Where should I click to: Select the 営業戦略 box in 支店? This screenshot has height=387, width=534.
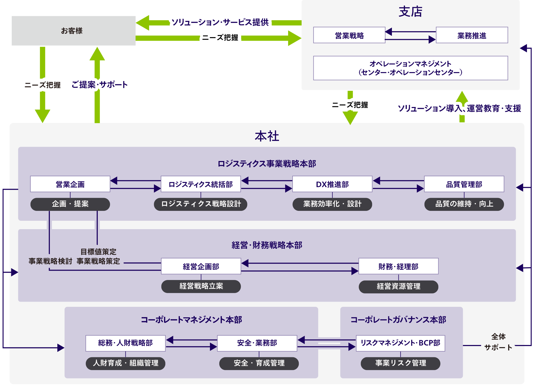(x=349, y=35)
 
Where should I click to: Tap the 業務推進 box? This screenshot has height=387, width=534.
(x=472, y=35)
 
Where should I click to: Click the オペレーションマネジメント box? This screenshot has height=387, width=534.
(x=410, y=68)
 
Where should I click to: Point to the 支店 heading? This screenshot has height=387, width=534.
(x=410, y=12)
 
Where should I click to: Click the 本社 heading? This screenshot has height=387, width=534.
(x=267, y=136)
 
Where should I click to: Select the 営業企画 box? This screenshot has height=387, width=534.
(x=70, y=184)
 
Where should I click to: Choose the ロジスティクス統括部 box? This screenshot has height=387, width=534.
(x=201, y=184)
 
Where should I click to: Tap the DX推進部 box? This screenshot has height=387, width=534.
(x=332, y=184)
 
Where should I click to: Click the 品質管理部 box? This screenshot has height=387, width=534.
(x=464, y=184)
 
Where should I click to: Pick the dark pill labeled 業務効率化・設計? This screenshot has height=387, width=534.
(x=332, y=204)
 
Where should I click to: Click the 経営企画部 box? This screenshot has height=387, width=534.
(x=201, y=266)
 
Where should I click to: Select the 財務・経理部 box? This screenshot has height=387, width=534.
(x=398, y=266)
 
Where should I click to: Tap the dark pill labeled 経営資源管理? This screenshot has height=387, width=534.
(x=398, y=287)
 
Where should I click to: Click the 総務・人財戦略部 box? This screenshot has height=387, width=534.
(x=125, y=343)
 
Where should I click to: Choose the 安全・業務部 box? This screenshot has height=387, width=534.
(x=257, y=343)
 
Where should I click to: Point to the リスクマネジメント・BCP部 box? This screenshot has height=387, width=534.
(x=400, y=343)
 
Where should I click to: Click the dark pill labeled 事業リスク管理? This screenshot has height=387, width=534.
(x=400, y=363)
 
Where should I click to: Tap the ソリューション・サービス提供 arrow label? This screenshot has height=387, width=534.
(x=220, y=22)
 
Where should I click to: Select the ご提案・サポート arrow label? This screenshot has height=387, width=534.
(x=100, y=85)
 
